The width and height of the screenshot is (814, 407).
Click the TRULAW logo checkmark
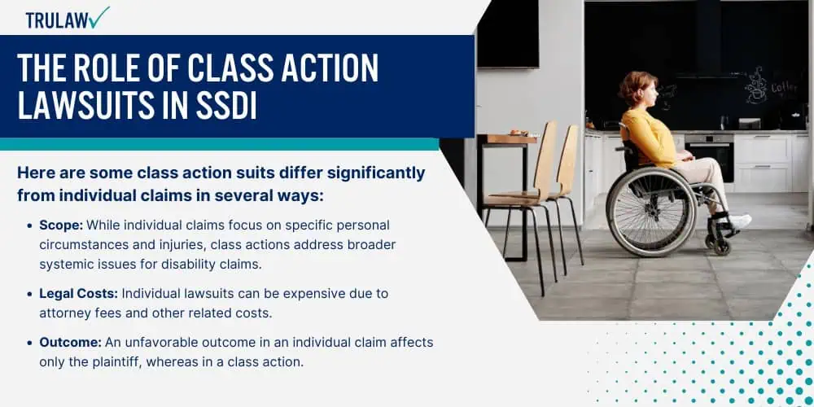pos(98,17)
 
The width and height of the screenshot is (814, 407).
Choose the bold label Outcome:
pos(71,343)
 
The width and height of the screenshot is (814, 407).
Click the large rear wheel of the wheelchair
pos(650,210)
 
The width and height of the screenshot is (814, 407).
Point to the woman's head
pos(639,90)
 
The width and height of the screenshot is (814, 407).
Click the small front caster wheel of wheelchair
pos(722,246)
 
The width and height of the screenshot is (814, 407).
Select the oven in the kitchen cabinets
pos(709,158)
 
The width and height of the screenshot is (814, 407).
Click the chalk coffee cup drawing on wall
pos(756,87)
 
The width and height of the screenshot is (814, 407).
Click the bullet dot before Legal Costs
pos(30,295)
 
